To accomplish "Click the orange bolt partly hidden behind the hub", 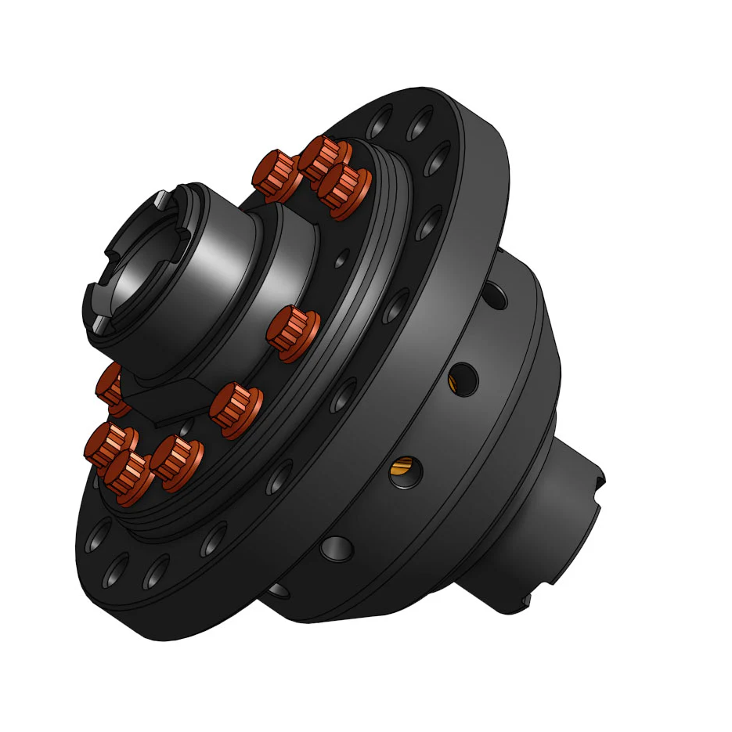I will [110, 388].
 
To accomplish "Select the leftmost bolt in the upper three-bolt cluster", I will [277, 174].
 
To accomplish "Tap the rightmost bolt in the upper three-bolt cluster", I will [344, 190].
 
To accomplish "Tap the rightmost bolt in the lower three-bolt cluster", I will [176, 462].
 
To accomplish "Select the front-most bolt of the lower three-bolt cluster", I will [128, 477].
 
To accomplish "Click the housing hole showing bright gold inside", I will [405, 471].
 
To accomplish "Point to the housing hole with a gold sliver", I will [462, 380].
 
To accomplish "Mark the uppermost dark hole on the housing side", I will [493, 295].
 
